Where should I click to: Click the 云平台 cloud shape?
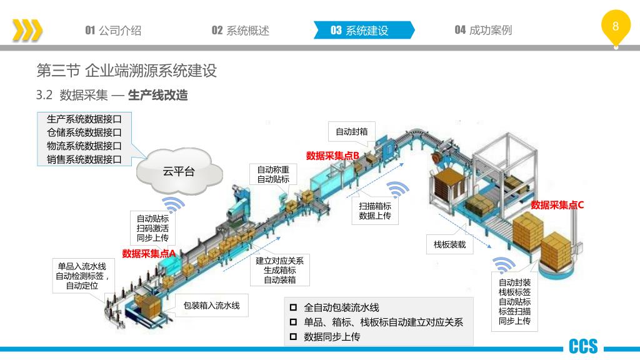(x=179, y=171)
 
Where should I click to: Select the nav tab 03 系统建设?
(x=360, y=30)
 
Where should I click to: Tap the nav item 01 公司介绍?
(x=113, y=30)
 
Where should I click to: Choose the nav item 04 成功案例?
(x=483, y=30)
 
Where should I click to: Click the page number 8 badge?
(x=616, y=26)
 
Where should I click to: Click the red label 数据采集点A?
(x=149, y=253)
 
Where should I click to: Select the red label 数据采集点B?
(x=332, y=156)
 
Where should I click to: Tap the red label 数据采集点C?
(x=557, y=205)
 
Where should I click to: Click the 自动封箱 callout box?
(x=351, y=131)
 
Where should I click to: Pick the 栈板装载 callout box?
(x=450, y=245)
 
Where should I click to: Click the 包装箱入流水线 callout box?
(x=211, y=306)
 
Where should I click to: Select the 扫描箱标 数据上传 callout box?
(x=375, y=211)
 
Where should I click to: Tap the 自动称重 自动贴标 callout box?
(x=273, y=174)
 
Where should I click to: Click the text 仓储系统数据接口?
(x=84, y=132)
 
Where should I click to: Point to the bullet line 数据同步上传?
(x=332, y=337)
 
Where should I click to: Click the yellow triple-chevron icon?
(x=27, y=30)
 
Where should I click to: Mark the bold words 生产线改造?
(x=157, y=96)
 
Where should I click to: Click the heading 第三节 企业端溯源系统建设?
(x=127, y=71)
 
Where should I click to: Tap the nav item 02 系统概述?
(x=240, y=30)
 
